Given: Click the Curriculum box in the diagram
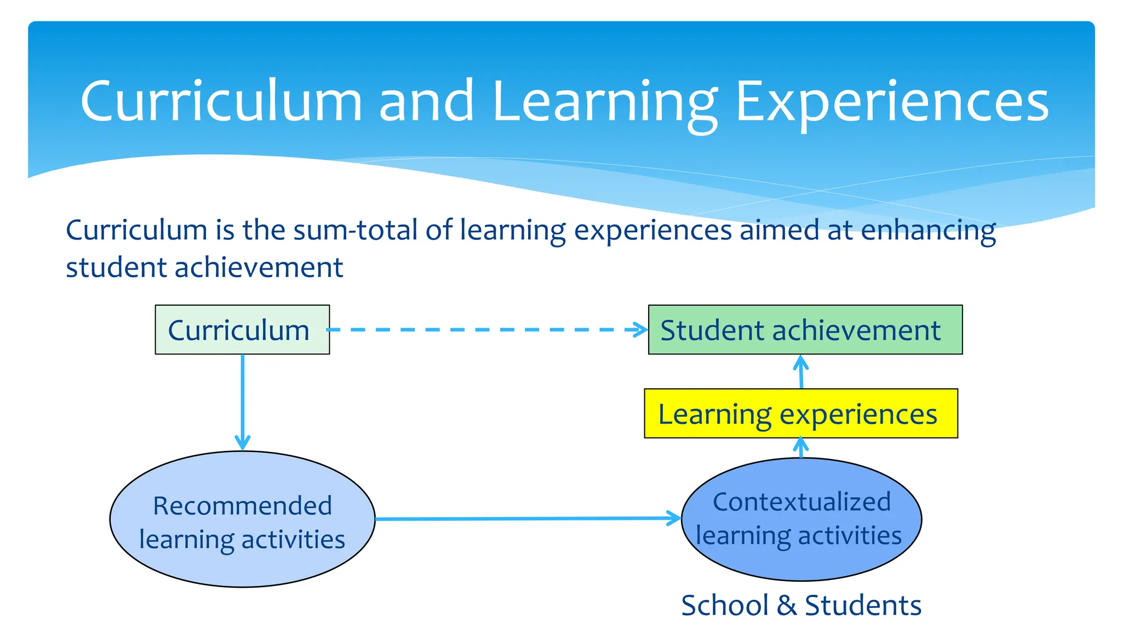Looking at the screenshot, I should (x=242, y=330).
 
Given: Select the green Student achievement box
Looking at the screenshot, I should (x=805, y=330).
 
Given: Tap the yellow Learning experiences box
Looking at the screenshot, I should (x=800, y=414).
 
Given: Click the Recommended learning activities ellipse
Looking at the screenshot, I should (x=242, y=519).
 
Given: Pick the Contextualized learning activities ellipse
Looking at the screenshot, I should (x=802, y=519).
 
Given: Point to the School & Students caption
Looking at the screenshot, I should (x=801, y=605).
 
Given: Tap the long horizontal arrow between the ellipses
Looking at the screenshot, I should (x=526, y=518).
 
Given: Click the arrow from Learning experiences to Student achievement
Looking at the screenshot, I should (x=801, y=372).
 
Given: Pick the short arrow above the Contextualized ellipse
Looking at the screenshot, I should (x=801, y=448).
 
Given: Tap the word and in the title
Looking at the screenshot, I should (x=426, y=101).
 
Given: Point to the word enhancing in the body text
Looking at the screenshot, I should (x=928, y=231).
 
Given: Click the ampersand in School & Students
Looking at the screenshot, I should (x=786, y=605).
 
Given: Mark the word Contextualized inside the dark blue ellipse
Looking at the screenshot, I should (x=802, y=502).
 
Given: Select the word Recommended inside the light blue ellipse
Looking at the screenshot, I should (x=242, y=505).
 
